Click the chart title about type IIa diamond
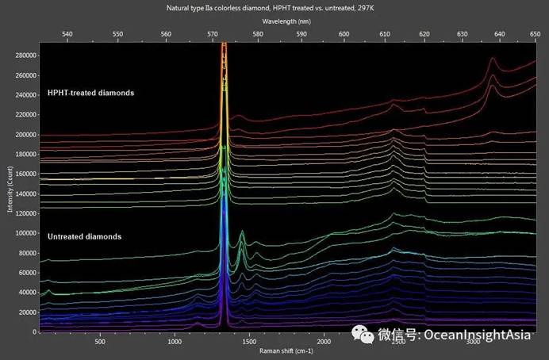click(x=274, y=6)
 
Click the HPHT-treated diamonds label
click(x=90, y=93)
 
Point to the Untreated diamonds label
click(x=84, y=236)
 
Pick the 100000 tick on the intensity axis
click(x=25, y=234)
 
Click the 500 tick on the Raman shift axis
click(x=100, y=343)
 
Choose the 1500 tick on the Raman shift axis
click(x=249, y=343)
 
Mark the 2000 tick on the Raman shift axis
click(x=324, y=343)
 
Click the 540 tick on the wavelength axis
click(x=67, y=34)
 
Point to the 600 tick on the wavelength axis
click(x=344, y=34)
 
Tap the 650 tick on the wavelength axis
click(x=536, y=34)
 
